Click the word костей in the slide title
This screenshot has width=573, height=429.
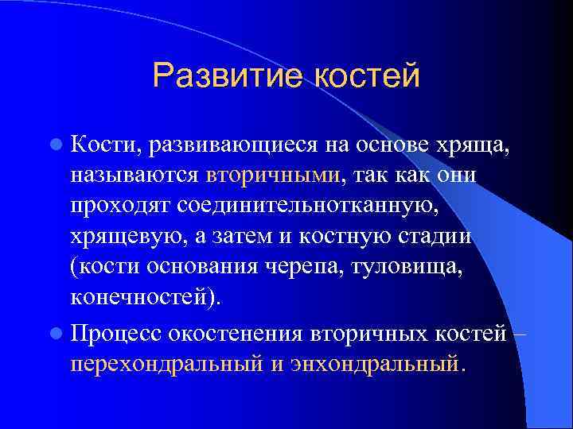pos(367,76)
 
